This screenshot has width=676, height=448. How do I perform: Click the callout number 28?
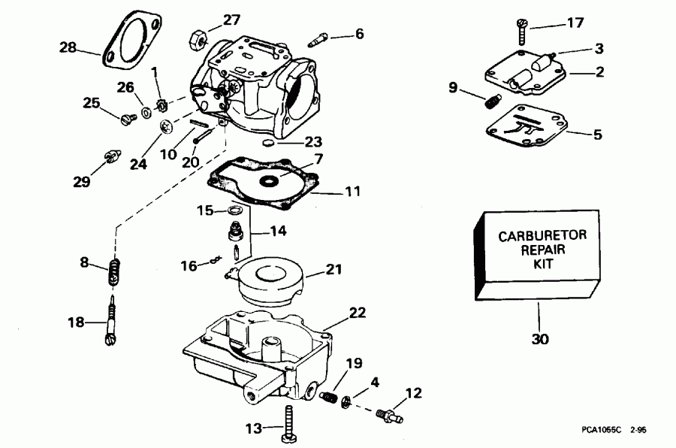click(68, 48)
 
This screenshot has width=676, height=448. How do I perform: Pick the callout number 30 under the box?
click(539, 338)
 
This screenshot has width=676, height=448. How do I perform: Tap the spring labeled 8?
click(113, 270)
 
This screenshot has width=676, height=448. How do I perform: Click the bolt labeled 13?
click(288, 425)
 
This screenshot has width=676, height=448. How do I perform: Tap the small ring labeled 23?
click(267, 142)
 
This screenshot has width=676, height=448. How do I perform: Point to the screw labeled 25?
click(125, 117)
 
